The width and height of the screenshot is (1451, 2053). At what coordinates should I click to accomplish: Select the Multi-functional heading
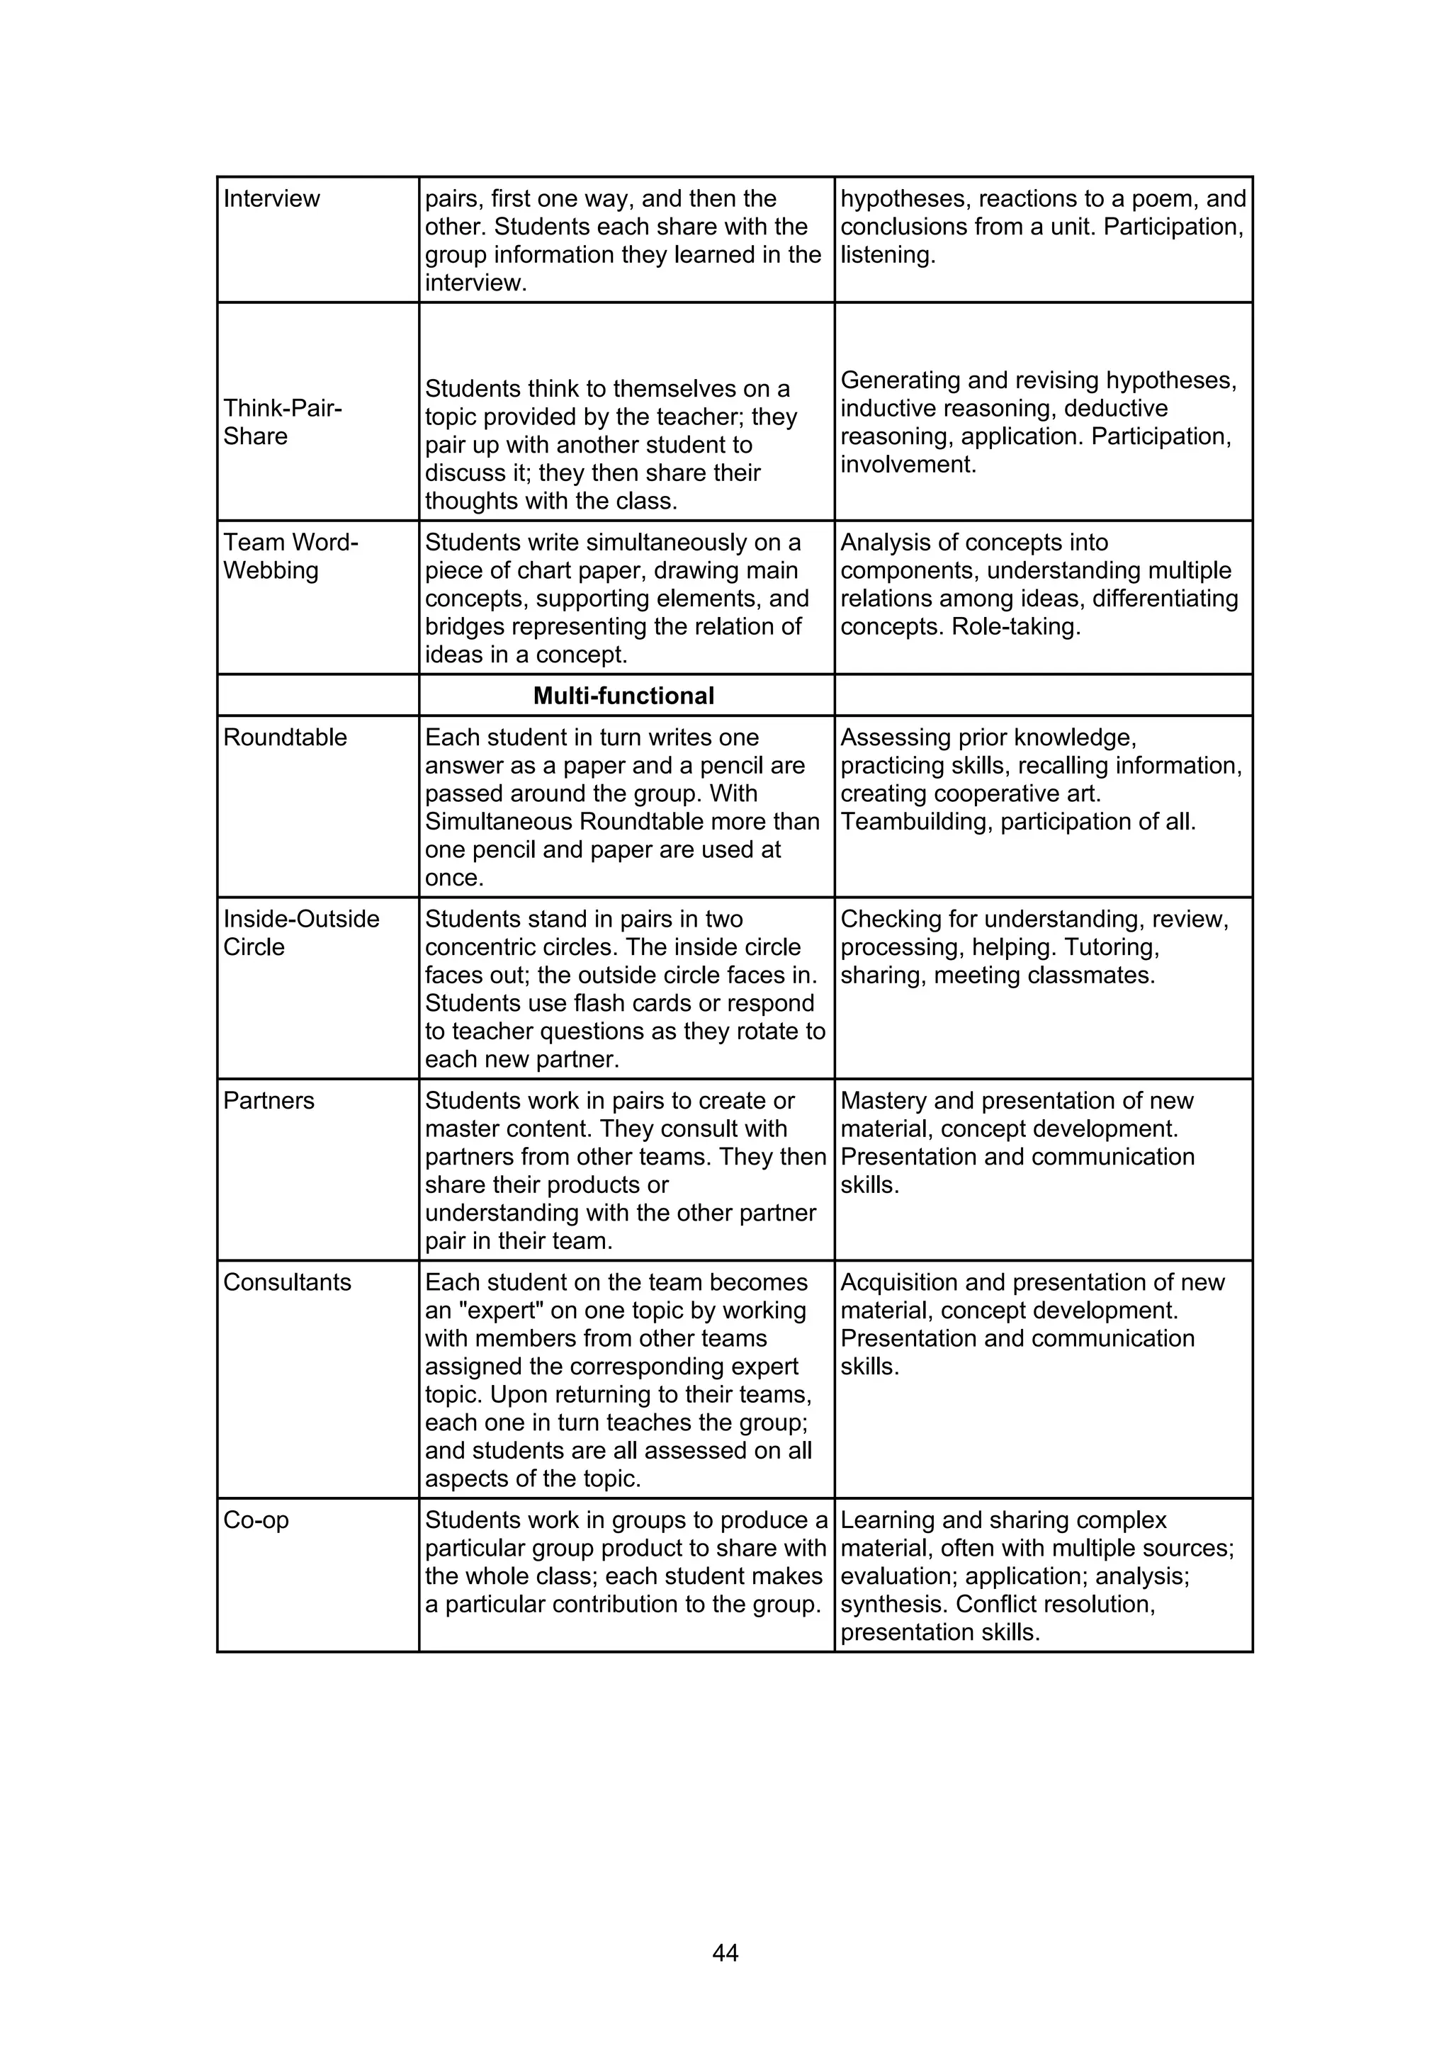pos(623,696)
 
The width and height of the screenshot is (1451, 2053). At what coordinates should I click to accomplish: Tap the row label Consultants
pos(287,1282)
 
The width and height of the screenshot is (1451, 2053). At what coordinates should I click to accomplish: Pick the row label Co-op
pos(256,1520)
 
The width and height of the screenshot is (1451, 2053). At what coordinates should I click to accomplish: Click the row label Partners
pos(269,1101)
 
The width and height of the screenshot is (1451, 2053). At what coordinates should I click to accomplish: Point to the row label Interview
pos(271,198)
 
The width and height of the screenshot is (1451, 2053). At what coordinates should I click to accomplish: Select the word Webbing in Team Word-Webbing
pos(270,570)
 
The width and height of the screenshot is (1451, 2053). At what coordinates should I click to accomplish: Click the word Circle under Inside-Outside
pos(253,947)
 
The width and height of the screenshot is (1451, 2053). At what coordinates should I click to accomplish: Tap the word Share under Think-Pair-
pos(255,436)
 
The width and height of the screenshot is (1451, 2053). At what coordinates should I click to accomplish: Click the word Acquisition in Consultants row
pos(898,1282)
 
